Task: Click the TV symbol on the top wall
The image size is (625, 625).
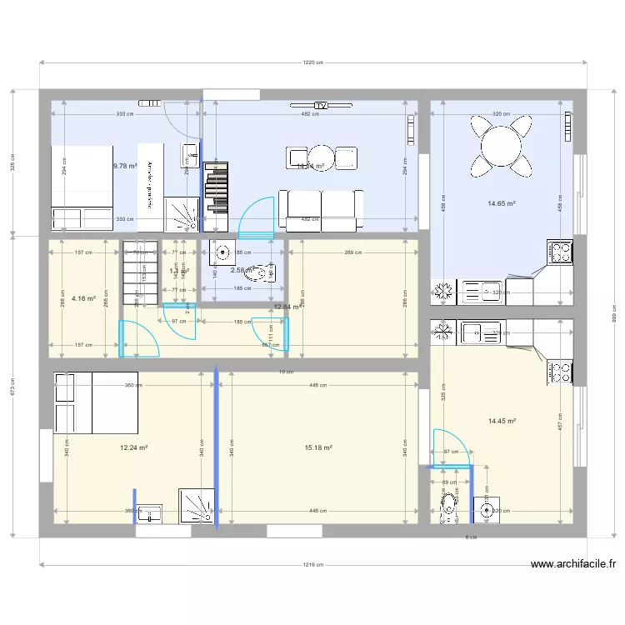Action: click(x=320, y=106)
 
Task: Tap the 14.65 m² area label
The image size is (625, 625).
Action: click(x=502, y=202)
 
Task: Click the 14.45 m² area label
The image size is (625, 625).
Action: click(x=502, y=422)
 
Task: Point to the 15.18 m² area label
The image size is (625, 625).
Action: click(x=318, y=447)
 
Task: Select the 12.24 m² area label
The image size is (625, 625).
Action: click(x=133, y=447)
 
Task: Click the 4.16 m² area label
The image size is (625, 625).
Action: click(x=82, y=297)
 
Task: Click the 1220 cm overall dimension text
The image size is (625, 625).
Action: click(x=312, y=62)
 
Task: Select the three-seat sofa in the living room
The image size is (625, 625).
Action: click(x=321, y=208)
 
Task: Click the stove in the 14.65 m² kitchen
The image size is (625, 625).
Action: click(x=559, y=251)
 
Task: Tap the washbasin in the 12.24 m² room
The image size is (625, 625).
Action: click(x=150, y=512)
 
